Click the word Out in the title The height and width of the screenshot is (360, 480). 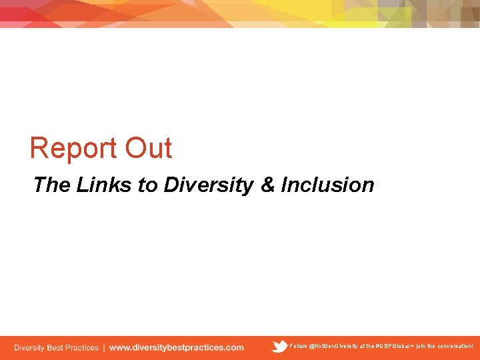(149, 148)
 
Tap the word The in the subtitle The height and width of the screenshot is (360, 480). (51, 185)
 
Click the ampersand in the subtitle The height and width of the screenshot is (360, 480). (267, 185)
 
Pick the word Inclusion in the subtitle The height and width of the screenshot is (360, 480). (327, 185)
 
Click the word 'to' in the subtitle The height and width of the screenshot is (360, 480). (148, 185)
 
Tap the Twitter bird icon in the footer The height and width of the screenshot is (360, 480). (279, 347)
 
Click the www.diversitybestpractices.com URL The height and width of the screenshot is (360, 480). (177, 347)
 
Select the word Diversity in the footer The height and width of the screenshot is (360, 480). (29, 347)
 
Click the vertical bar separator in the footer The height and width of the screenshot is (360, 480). (103, 347)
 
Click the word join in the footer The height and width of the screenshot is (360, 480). (421, 347)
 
